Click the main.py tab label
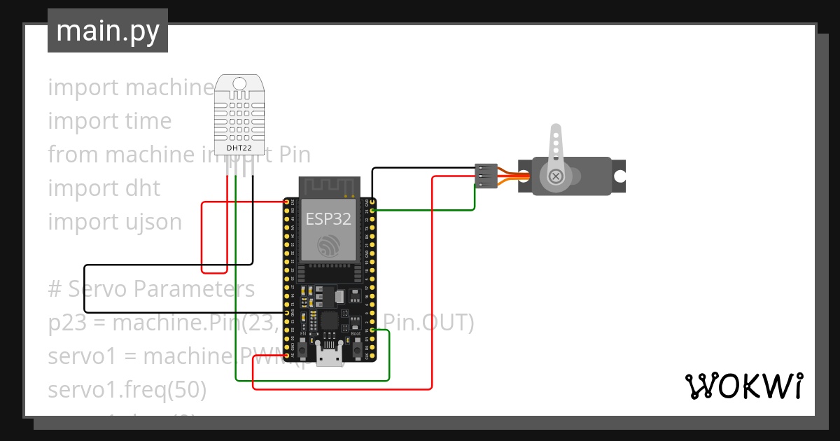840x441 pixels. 107,31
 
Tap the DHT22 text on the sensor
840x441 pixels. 239,148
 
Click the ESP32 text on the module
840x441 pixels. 328,219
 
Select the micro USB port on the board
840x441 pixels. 329,357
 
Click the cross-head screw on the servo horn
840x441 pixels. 556,176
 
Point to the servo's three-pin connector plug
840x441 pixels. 486,176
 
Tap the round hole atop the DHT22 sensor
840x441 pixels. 239,84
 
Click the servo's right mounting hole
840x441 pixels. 619,176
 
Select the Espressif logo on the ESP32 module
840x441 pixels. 329,246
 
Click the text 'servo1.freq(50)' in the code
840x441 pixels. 127,390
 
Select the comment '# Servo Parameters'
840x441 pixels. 151,289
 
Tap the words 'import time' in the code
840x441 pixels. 110,121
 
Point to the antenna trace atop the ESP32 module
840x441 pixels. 329,185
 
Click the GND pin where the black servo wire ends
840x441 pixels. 372,202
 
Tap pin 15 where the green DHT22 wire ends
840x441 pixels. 372,330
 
